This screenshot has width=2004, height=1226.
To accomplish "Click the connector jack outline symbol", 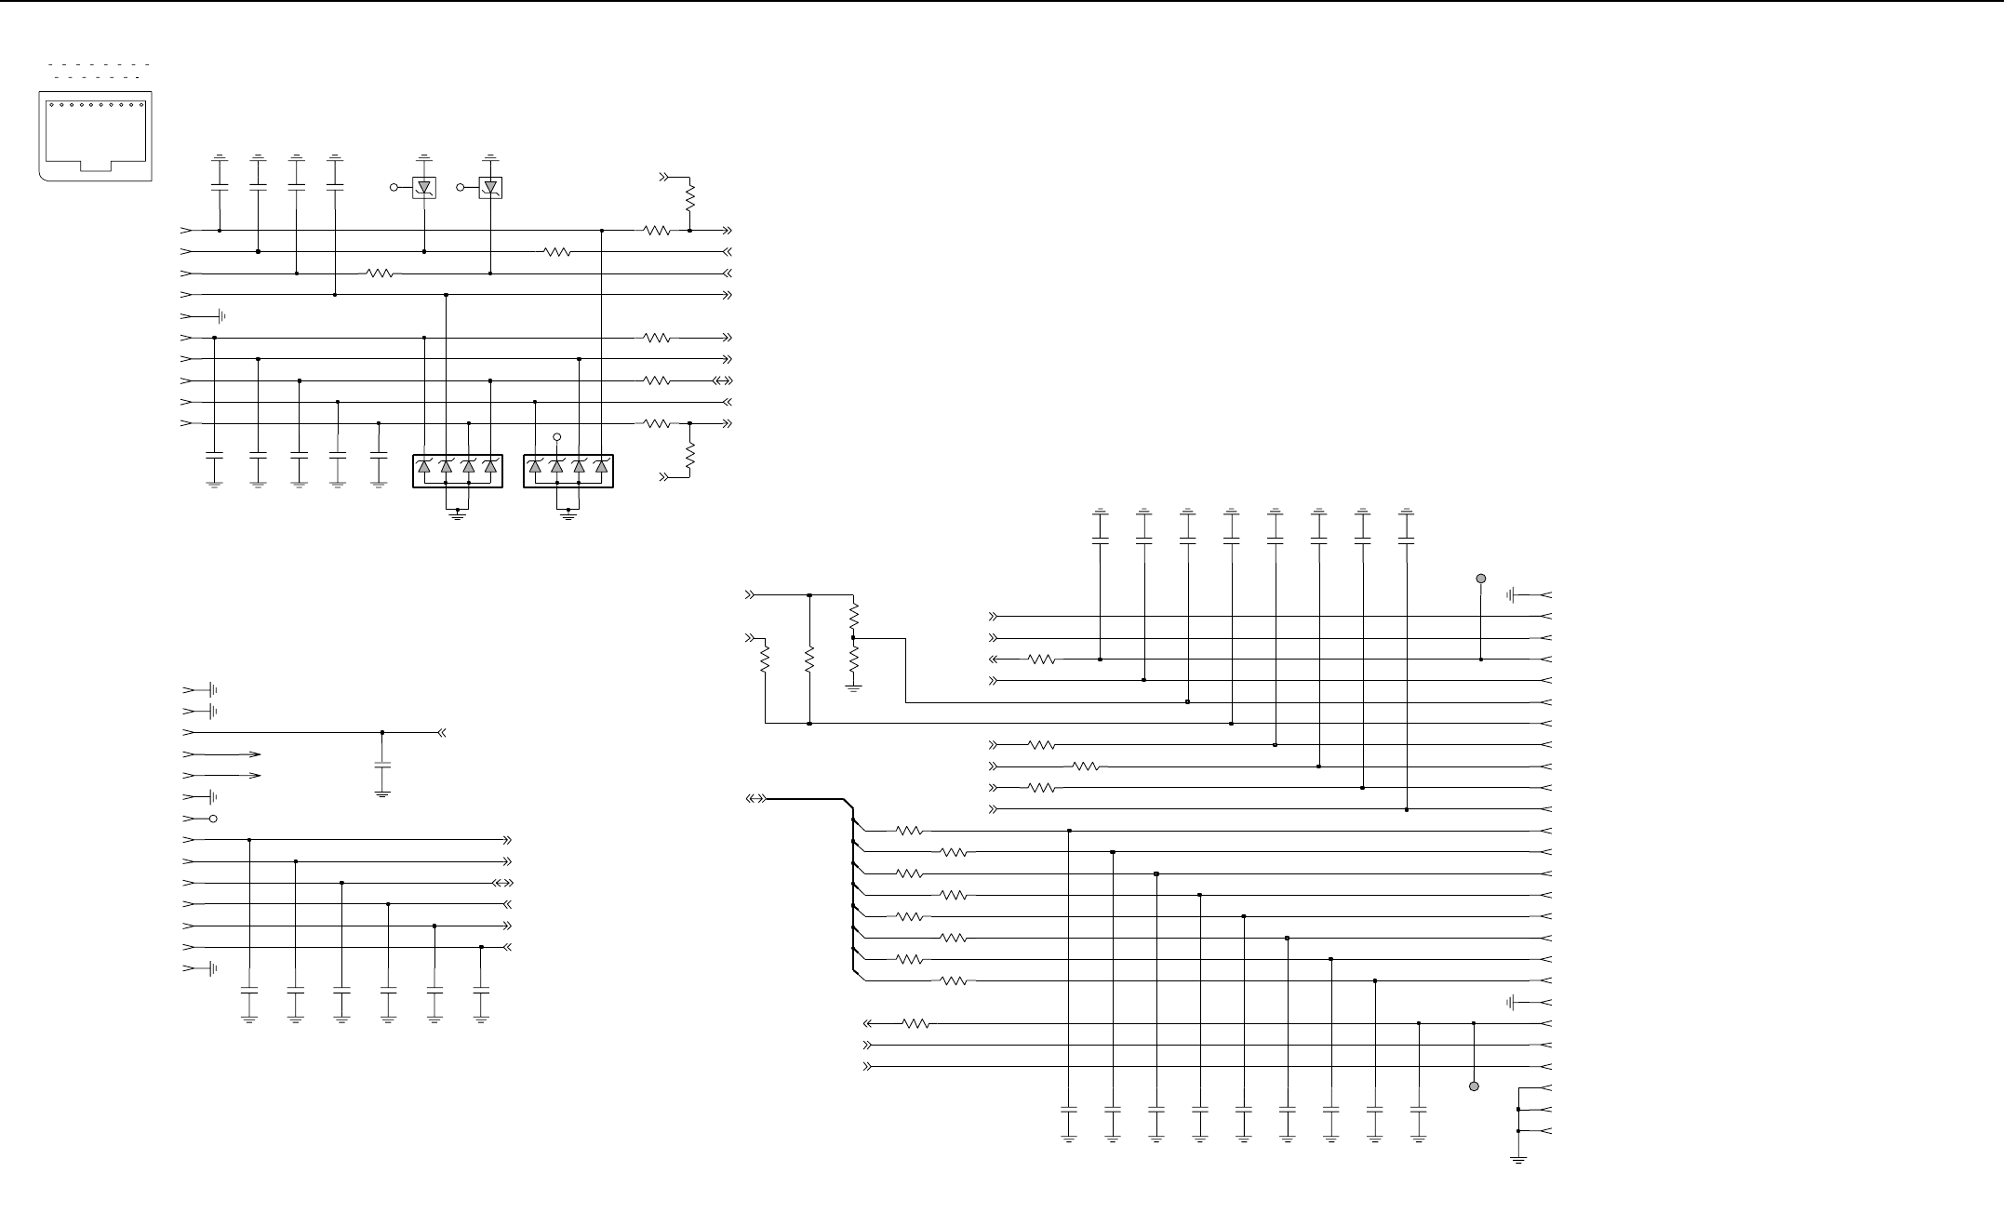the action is pos(95,136).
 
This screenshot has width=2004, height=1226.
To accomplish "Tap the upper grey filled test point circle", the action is pos(1481,579).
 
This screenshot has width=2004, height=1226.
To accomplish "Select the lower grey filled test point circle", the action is pos(1474,1086).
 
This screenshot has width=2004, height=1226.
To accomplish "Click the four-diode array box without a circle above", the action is pos(457,471).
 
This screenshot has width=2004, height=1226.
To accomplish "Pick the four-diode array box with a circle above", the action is pos(568,471).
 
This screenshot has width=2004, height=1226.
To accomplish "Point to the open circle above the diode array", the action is pos(557,436).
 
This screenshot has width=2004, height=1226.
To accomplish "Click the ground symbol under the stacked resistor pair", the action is pos(854,687).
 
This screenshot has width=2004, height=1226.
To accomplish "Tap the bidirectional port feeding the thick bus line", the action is pos(756,799).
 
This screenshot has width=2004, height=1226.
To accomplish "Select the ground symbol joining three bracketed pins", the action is pos(1518,1159).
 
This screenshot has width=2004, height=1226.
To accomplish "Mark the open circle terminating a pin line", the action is pos(214,819).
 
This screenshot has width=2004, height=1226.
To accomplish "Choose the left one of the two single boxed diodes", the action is pos(424,188).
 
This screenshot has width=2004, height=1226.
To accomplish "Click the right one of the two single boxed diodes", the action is pos(490,188).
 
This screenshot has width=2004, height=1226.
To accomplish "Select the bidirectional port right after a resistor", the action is pos(723,380).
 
